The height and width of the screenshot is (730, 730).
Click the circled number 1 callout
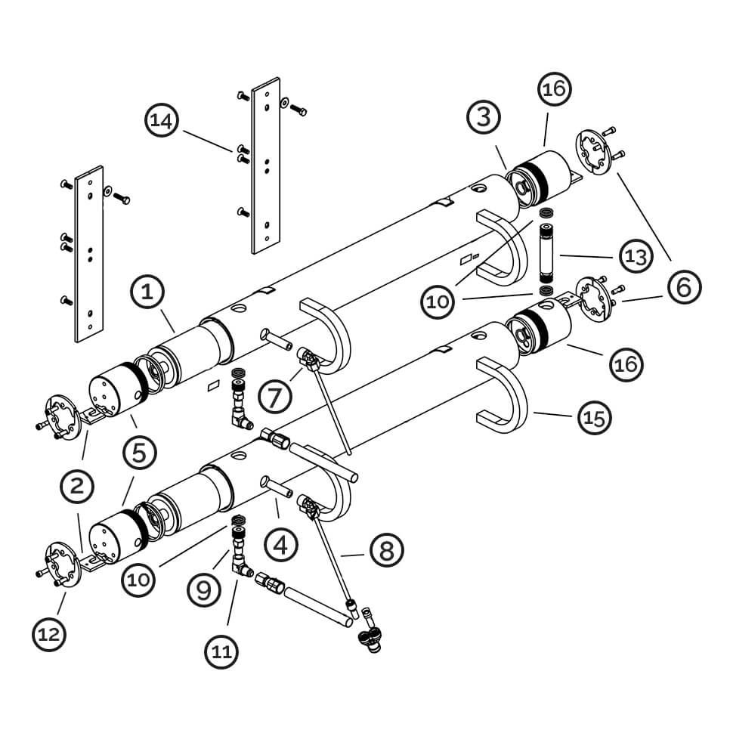pos(147,293)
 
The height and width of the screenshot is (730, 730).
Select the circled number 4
pos(280,545)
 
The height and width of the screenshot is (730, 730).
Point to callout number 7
pos(275,397)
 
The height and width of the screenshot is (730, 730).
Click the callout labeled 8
pos(387,550)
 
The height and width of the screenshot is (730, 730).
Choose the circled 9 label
pos(204,590)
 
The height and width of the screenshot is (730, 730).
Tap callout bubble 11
pos(221,651)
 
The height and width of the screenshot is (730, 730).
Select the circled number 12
pos(49,635)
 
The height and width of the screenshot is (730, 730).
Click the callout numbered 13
pos(636,256)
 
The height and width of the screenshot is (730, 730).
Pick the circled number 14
pos(162,120)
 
